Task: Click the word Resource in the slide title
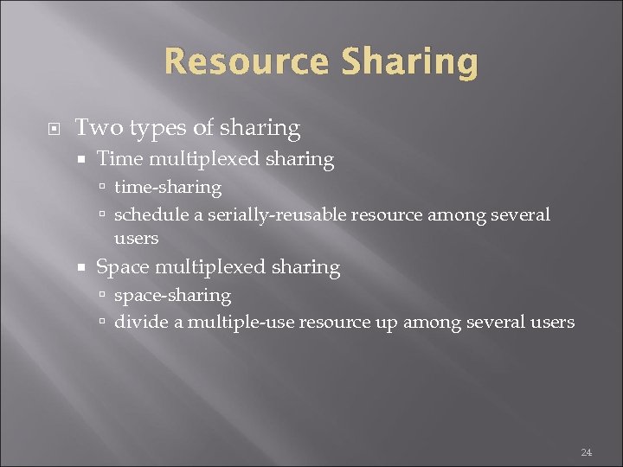click(x=246, y=62)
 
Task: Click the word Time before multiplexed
click(x=119, y=159)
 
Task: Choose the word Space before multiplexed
click(x=122, y=267)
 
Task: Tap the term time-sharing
click(x=168, y=188)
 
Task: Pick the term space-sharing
click(x=172, y=296)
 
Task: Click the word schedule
click(x=148, y=214)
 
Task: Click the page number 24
click(x=586, y=451)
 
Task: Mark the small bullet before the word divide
click(x=102, y=323)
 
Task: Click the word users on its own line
click(x=136, y=238)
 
